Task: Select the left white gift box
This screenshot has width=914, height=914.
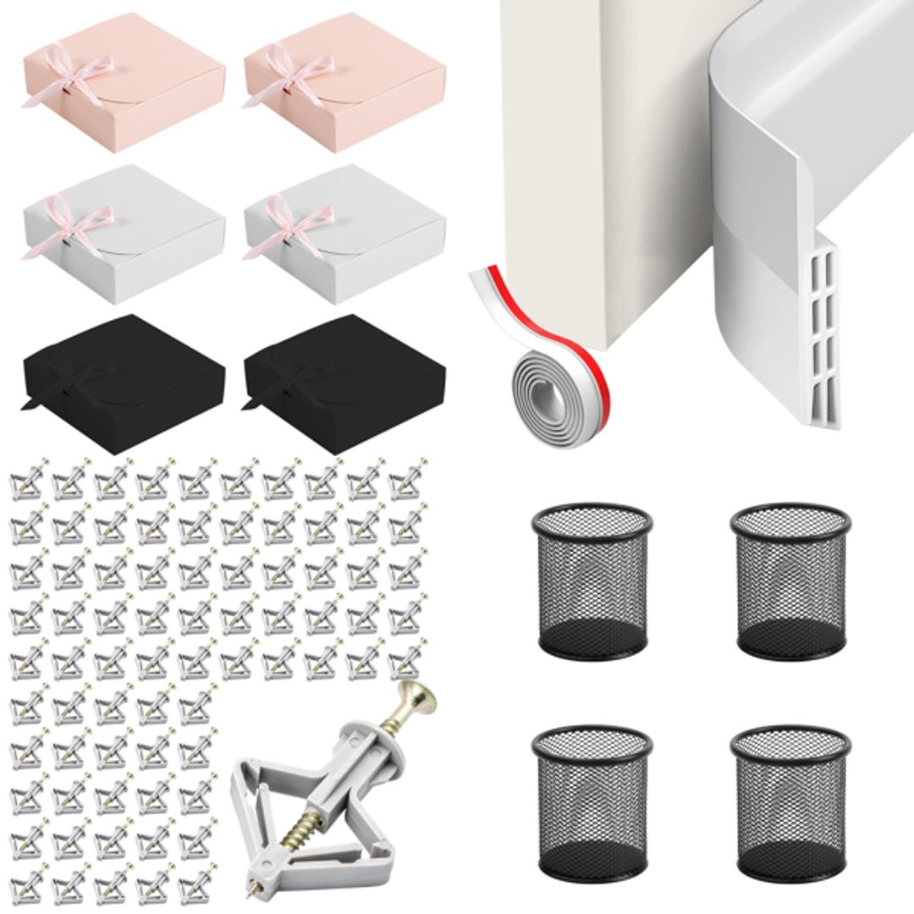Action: click(x=124, y=233)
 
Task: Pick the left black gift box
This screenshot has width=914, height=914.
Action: click(x=124, y=372)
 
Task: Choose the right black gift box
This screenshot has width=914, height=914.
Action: click(x=344, y=372)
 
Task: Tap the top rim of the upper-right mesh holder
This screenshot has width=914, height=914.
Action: click(x=790, y=516)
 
